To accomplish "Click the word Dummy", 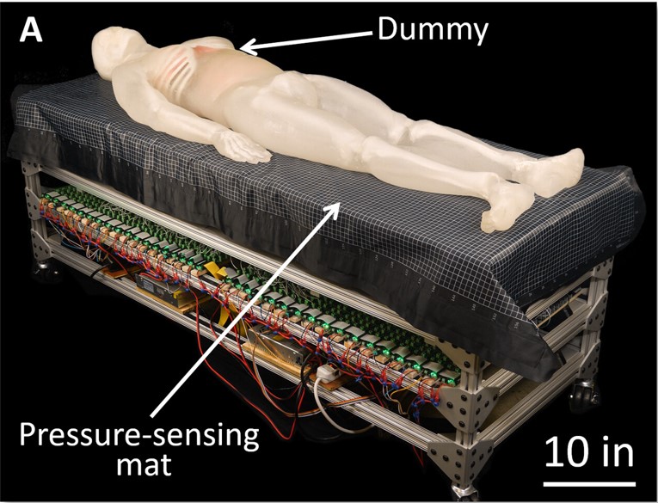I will [x=433, y=31].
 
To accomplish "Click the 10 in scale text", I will [x=589, y=450].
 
